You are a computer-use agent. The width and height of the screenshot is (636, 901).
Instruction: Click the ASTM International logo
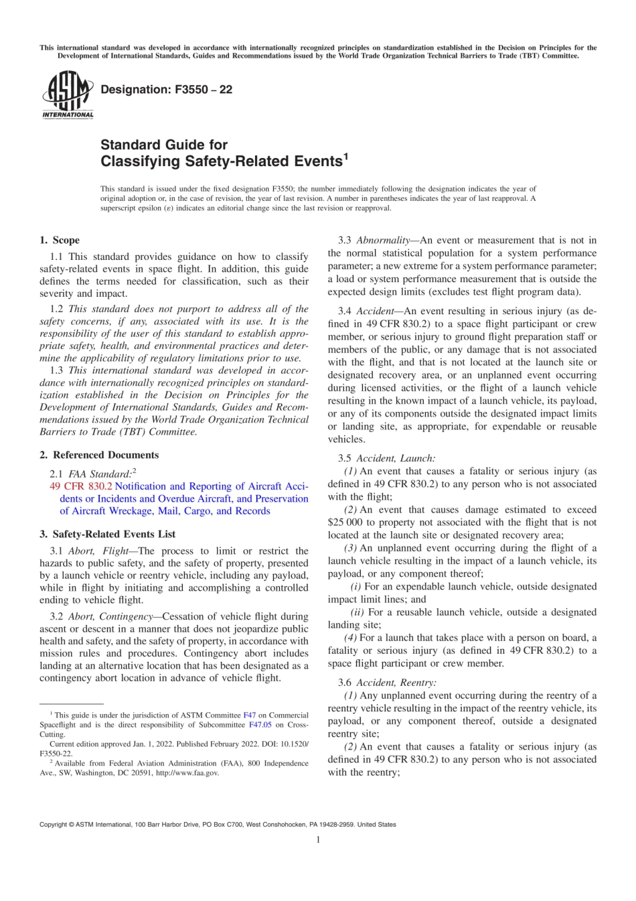coord(68,96)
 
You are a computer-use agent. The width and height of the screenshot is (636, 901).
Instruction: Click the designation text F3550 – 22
coord(166,90)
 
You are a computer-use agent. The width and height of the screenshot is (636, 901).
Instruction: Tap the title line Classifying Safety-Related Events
coord(221,161)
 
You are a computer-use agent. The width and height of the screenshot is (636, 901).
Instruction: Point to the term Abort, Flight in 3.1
coord(98,551)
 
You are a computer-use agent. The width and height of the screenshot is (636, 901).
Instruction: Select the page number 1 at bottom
coord(318,840)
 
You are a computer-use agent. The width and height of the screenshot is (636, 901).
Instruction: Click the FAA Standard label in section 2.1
coord(100,474)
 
